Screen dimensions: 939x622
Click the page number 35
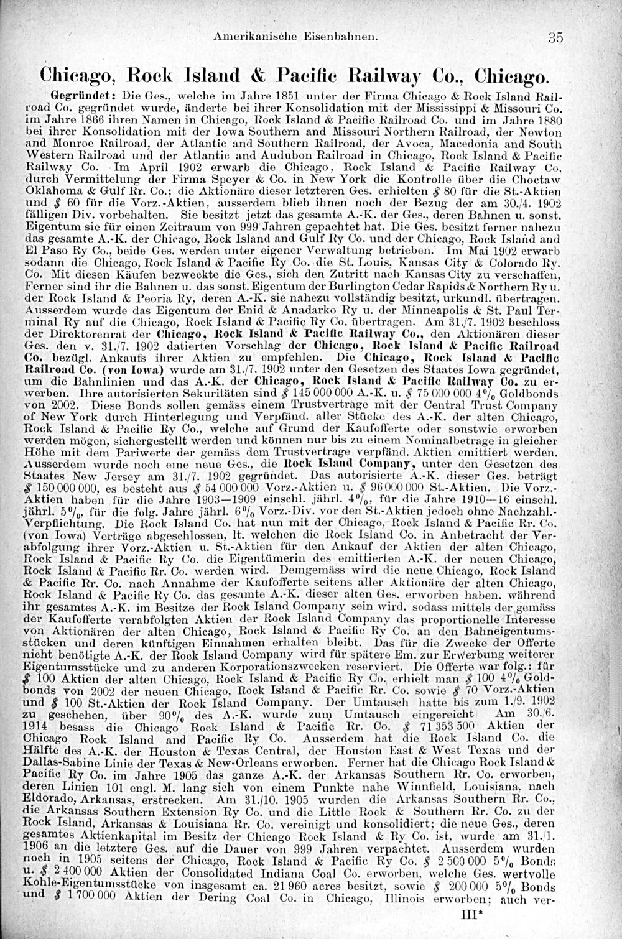(555, 37)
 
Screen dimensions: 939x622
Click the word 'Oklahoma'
(50, 193)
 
